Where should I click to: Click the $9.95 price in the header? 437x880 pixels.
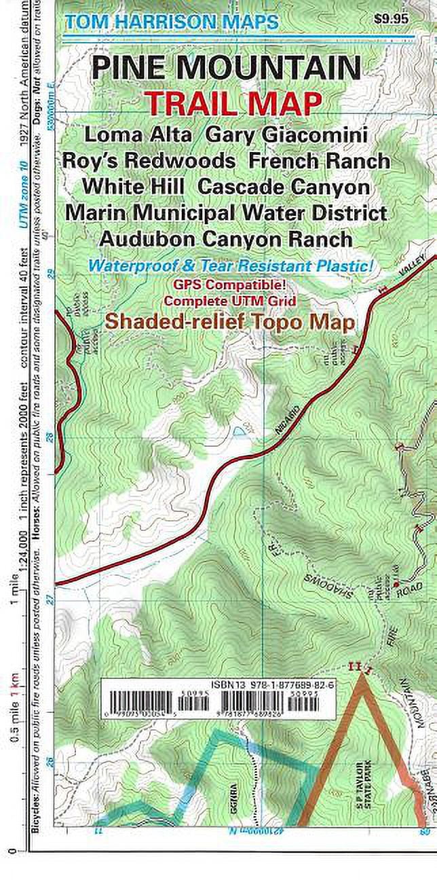392,19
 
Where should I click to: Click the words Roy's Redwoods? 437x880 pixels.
149,161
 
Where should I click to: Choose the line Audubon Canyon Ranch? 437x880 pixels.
226,239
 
